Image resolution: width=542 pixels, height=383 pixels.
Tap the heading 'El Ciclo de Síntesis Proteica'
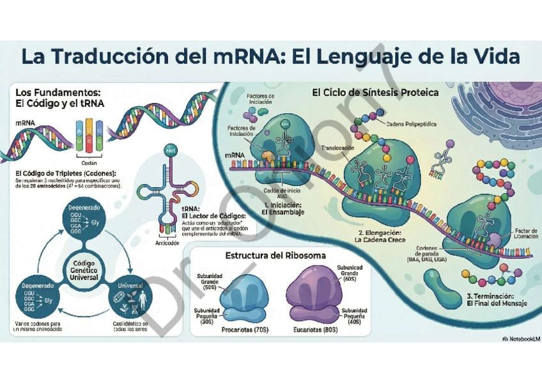(375, 93)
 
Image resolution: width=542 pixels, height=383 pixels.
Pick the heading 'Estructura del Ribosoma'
(275, 256)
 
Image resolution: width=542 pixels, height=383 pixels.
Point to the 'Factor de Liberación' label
(526, 234)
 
